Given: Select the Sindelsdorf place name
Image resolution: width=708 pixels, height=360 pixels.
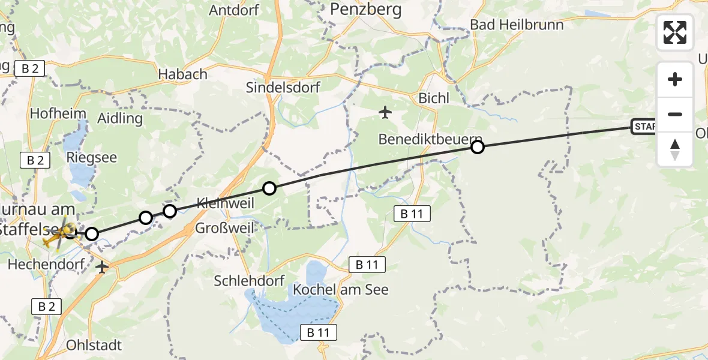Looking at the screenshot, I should pos(283,88).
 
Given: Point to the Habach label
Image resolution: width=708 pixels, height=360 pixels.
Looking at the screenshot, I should pos(183,74).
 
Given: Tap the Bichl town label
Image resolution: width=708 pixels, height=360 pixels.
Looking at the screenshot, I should pos(434,98).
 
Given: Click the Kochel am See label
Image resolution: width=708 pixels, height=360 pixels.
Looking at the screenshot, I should pos(341,290).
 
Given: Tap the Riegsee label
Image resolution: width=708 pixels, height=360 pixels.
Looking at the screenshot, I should pos(92,158).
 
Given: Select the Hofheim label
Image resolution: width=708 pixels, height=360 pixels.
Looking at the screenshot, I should pos(58,113).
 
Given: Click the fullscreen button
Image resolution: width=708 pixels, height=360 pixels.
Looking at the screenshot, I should pos(675,32).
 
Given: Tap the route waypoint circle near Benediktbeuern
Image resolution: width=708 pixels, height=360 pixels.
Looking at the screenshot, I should pos(477,147).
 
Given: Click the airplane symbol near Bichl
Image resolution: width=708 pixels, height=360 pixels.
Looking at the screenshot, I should pos(385,112).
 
